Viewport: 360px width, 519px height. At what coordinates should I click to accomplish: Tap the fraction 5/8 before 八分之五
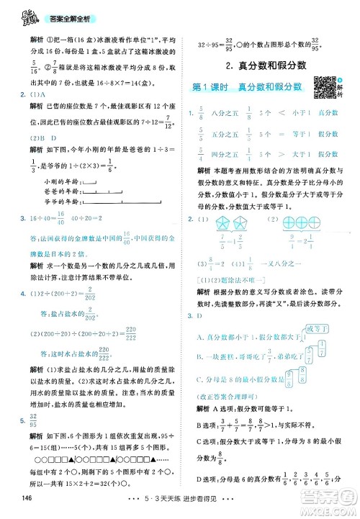(200, 113)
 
